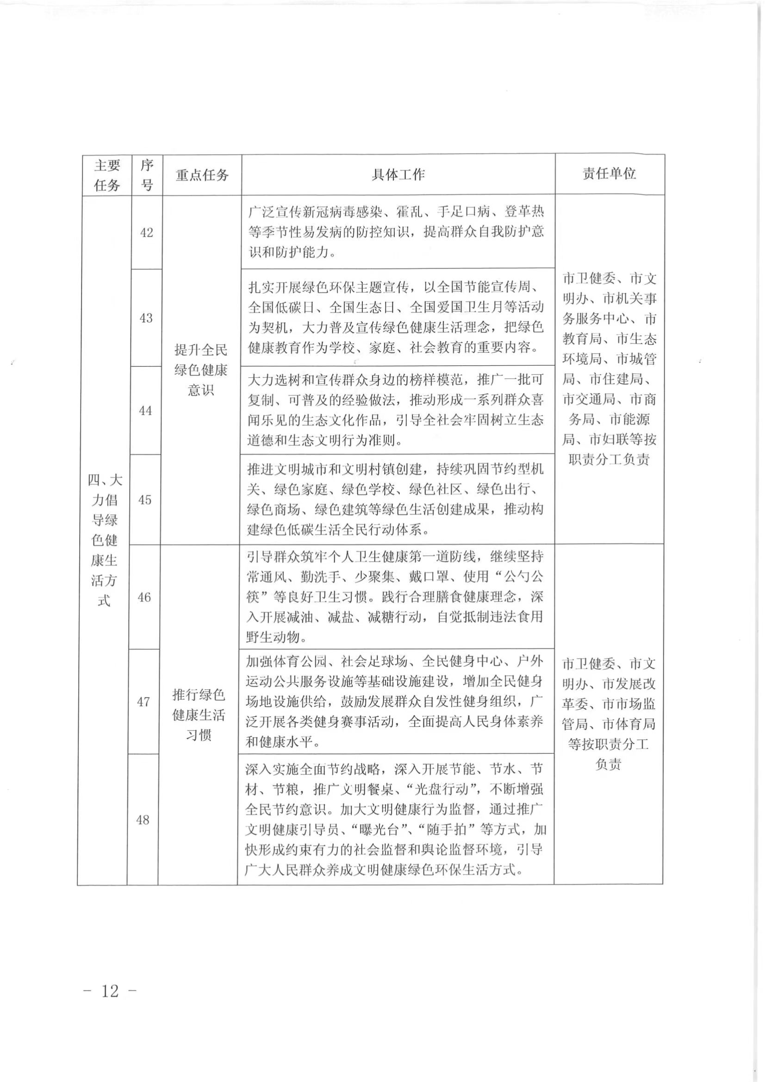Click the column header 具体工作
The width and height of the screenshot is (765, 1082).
tap(398, 175)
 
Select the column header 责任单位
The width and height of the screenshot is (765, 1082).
tap(609, 174)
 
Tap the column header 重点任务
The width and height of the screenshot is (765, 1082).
tap(202, 175)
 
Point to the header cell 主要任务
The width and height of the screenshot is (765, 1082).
tap(107, 175)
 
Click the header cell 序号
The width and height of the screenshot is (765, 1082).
tap(147, 175)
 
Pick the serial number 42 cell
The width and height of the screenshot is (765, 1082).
tap(147, 232)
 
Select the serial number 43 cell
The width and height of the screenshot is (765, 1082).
tap(146, 318)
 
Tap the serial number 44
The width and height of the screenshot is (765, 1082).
tap(146, 411)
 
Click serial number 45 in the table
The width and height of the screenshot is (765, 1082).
tap(145, 500)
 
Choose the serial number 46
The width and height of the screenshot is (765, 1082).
tap(144, 597)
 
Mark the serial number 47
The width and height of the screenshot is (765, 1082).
tap(143, 702)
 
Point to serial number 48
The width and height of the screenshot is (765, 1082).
tap(143, 819)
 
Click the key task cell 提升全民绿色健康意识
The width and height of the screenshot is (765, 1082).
tap(201, 369)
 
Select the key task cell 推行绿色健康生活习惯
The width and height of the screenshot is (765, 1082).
tap(199, 714)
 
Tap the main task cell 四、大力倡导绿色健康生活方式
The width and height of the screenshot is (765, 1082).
tap(104, 540)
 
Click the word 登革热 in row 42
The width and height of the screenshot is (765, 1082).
tap(525, 212)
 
